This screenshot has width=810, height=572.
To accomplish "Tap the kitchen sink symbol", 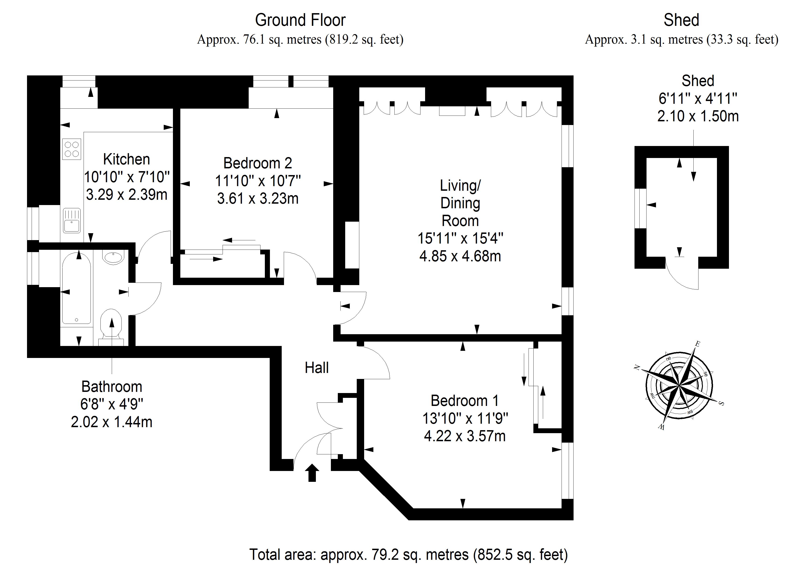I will pos(72,221).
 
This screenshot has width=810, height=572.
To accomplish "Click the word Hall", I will pos(317,368).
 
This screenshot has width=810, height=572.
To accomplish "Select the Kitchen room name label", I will pos(126,159).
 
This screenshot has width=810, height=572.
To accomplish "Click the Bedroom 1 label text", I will pos(464,401).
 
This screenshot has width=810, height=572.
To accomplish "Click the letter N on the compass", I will pos(637,368).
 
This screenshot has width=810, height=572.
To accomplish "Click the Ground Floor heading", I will pos(300,20).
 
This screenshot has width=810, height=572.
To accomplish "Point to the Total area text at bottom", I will pos(408,554).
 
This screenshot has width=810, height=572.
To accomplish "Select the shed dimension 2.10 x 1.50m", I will pos(698,116).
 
